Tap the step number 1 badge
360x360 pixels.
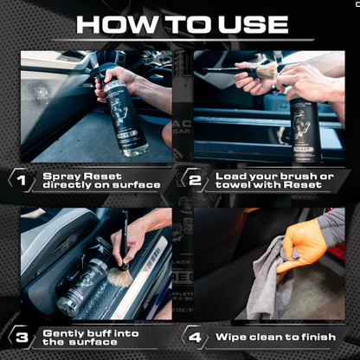coord(21,180)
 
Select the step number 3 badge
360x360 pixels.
coord(21,337)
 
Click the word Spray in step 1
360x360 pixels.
coord(61,175)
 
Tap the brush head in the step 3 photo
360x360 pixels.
coord(112,276)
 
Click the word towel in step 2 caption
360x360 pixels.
coord(230,185)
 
